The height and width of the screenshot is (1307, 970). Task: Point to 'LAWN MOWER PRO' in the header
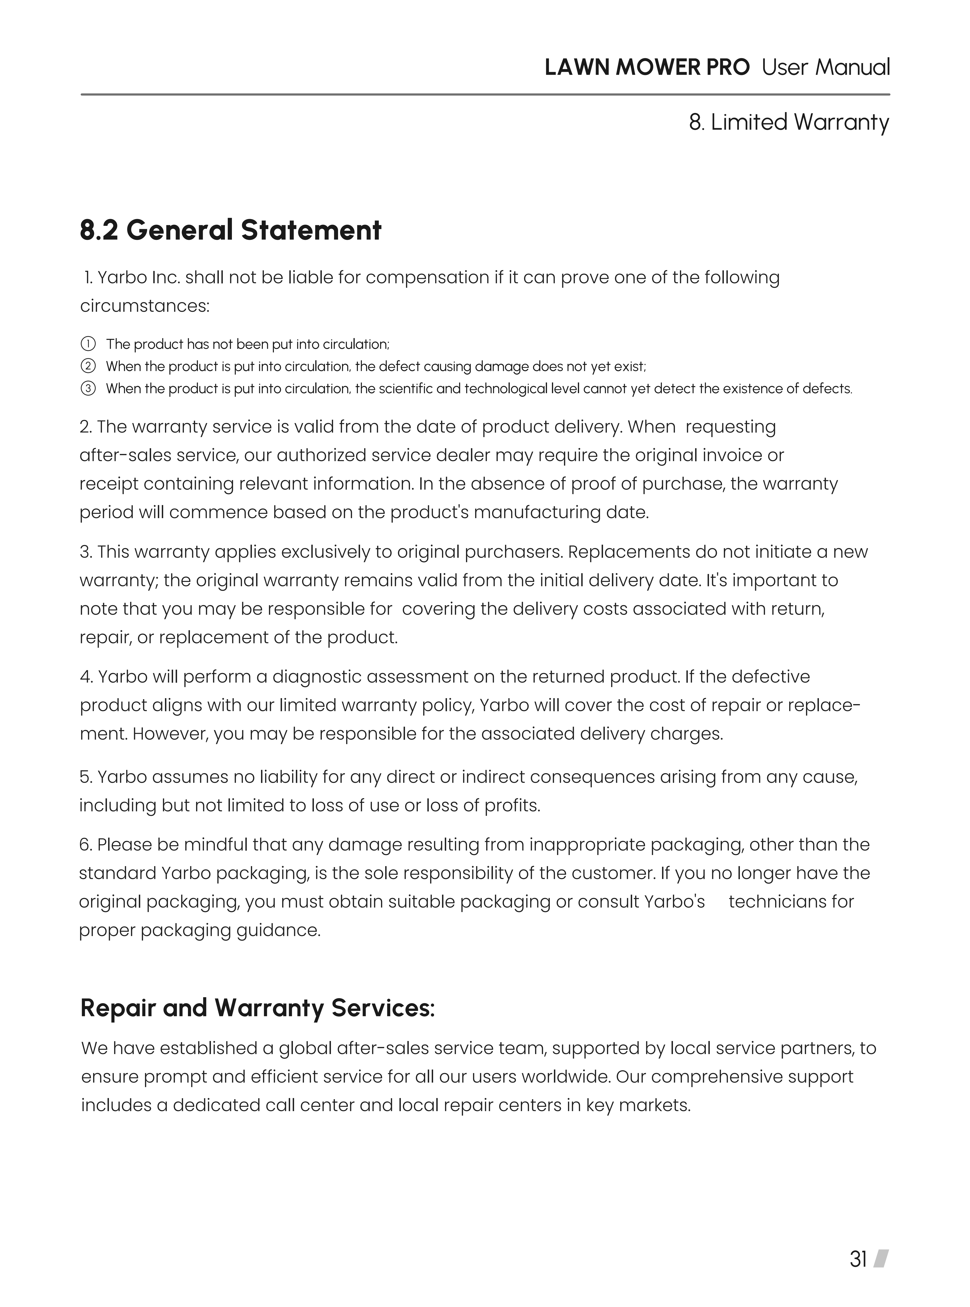[647, 68]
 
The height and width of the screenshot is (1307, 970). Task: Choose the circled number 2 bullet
[88, 366]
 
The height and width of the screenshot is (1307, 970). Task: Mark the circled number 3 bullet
[88, 389]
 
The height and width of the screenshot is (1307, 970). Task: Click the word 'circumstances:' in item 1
[144, 306]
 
